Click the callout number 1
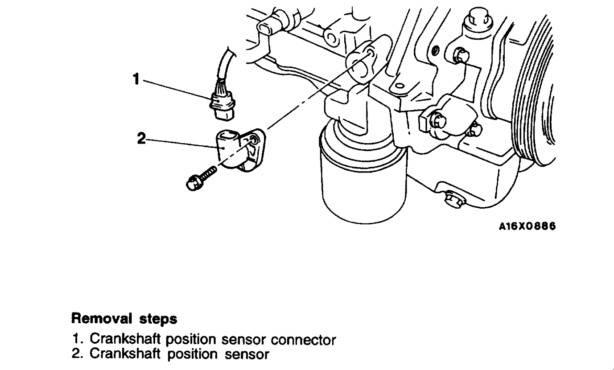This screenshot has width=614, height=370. [x=136, y=79]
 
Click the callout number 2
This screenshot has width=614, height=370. [x=141, y=139]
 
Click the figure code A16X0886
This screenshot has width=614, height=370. [x=527, y=226]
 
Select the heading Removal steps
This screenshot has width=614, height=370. [x=124, y=319]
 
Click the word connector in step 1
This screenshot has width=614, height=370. [x=308, y=340]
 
